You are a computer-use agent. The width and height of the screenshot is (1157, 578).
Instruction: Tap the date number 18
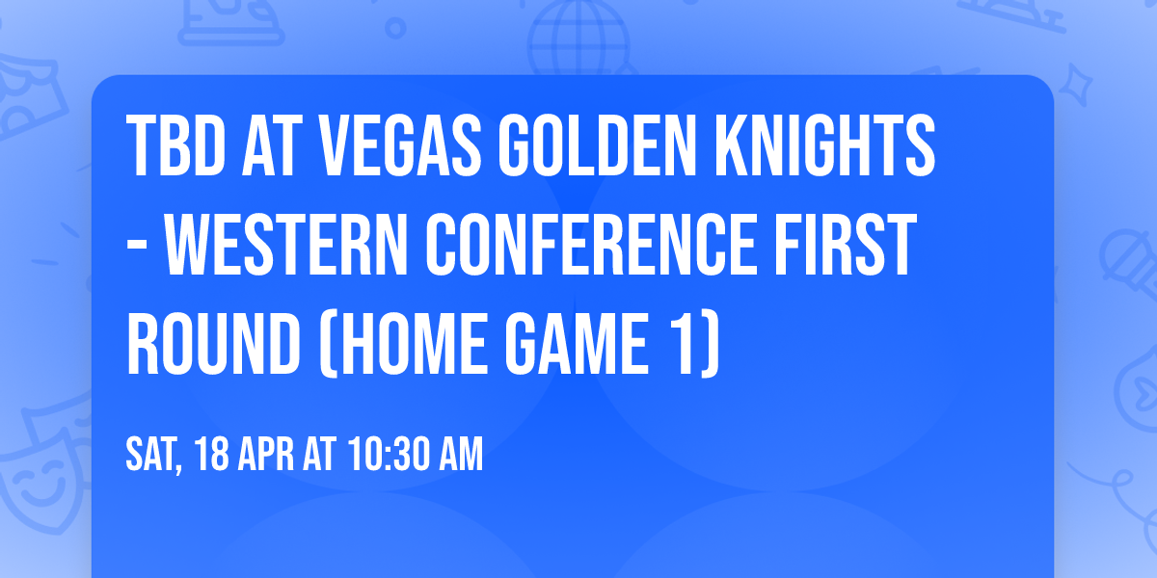(x=211, y=456)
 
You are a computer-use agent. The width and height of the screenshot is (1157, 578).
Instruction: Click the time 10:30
(x=391, y=456)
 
